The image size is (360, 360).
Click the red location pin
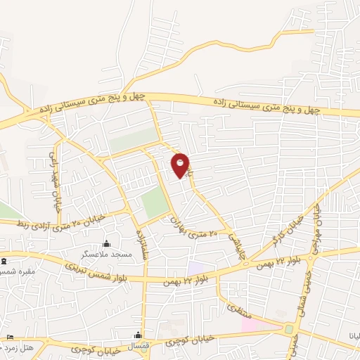181,165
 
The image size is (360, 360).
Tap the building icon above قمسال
139,335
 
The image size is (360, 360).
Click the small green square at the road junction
289,329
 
